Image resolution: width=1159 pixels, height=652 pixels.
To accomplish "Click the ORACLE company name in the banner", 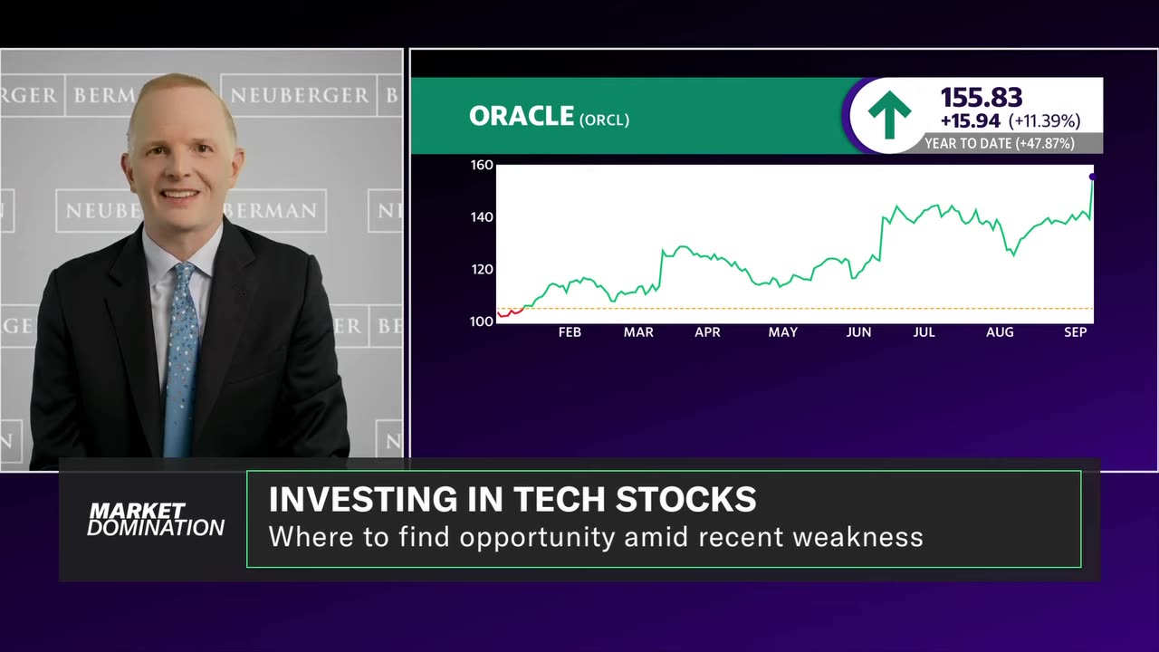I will coord(522,116).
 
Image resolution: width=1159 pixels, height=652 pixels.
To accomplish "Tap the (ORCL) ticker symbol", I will coord(603,120).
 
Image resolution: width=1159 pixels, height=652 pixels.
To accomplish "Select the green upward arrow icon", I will coord(888,115).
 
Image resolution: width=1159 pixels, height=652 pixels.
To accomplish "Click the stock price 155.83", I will coord(982,98).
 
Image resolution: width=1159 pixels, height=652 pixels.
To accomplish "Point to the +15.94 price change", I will coord(970,120).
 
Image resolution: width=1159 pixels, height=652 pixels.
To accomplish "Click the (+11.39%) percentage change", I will coord(1044,120).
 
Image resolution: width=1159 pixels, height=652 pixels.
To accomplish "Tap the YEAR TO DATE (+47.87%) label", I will coord(999,143).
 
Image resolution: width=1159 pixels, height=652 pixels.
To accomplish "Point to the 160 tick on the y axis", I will coord(481,165).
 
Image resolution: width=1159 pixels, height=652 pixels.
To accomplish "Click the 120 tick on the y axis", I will coord(481,269).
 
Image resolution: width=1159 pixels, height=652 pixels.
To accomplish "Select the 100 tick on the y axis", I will coord(481,321).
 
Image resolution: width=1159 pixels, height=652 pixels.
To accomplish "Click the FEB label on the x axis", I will coord(570,332).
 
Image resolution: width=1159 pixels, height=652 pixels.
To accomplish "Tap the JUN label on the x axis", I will coord(858,332).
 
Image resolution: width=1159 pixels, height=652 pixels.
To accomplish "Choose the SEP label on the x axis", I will coord(1075,332).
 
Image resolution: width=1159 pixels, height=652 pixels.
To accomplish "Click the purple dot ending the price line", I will coord(1092,177).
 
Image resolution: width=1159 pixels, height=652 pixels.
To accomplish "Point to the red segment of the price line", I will coord(509,312).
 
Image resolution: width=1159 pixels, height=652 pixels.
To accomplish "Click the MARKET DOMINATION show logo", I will coord(155,520).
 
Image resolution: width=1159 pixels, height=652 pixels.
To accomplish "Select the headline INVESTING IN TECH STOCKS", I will coord(512,500).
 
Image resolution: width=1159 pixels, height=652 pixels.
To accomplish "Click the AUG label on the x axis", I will coord(1000,332).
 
